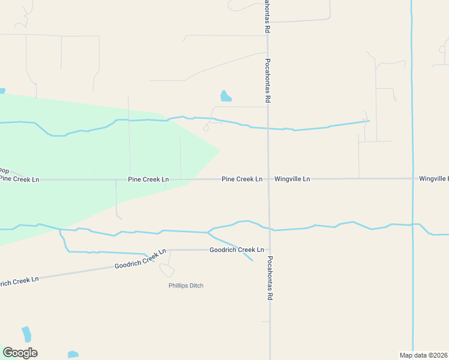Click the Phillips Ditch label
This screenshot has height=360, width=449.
(185, 286)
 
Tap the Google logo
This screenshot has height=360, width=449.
(20, 352)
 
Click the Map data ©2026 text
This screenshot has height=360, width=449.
(423, 355)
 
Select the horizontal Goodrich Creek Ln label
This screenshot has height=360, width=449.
(237, 250)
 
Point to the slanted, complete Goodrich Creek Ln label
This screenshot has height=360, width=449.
(140, 260)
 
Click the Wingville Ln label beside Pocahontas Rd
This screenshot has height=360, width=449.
(292, 179)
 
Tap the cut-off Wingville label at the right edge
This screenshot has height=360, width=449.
(433, 179)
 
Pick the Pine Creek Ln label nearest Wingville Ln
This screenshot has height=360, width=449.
(242, 179)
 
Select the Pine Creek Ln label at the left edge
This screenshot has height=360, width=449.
(19, 179)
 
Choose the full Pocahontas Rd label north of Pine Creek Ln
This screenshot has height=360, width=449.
(268, 80)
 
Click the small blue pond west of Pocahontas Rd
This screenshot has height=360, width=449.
(225, 96)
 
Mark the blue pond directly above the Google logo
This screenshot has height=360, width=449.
(26, 334)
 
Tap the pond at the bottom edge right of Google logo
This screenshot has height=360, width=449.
(73, 355)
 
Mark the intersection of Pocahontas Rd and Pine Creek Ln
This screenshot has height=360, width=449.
(268, 179)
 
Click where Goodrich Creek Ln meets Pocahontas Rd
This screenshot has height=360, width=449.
(269, 250)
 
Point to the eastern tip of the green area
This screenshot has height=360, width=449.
(219, 149)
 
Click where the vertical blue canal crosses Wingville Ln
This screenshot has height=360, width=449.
(412, 179)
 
